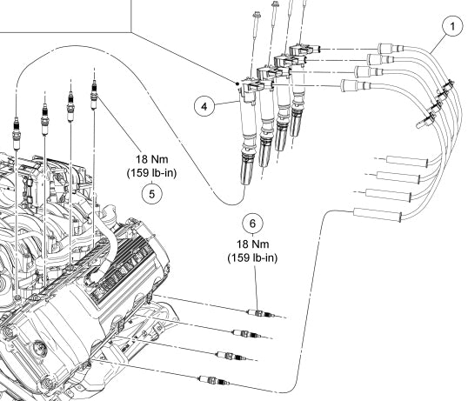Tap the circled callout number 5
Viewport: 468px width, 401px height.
[x=154, y=195]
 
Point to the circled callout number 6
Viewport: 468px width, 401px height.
[x=253, y=224]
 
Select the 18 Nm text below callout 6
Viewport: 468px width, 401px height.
[x=253, y=244]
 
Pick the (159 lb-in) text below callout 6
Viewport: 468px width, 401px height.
[x=253, y=258]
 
